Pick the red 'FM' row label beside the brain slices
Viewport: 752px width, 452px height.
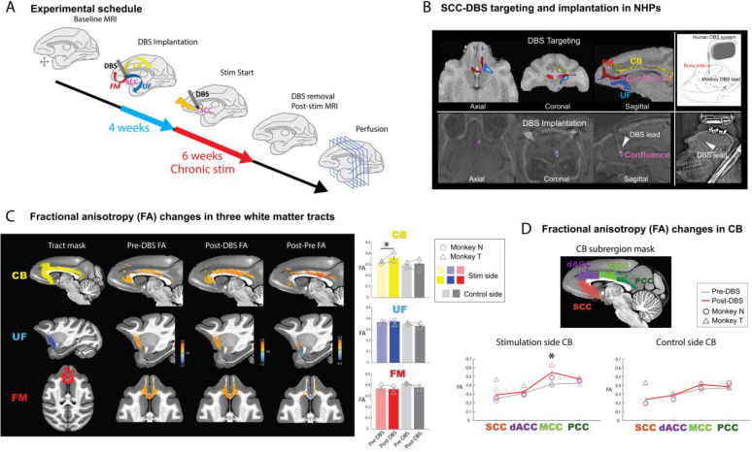point(17,397)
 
